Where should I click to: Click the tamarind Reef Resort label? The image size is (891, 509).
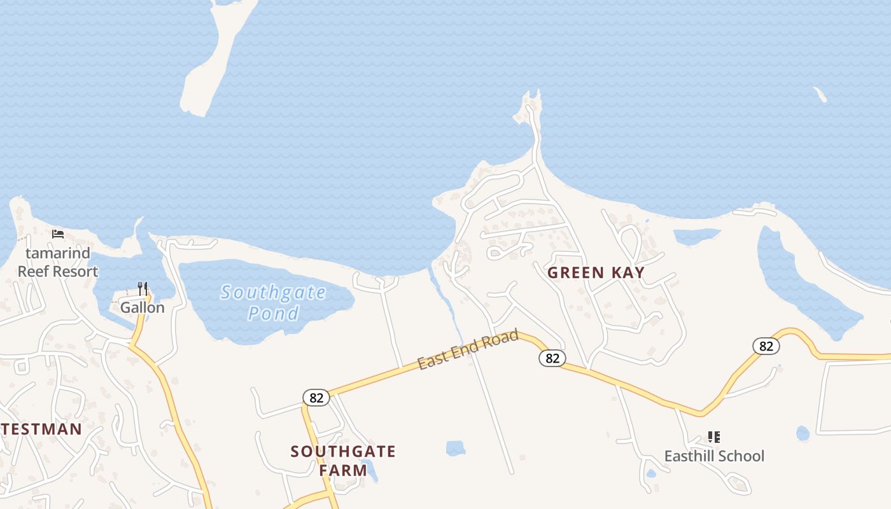point(58,262)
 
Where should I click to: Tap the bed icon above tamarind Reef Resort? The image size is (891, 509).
point(58,234)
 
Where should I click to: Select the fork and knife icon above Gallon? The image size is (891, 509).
point(143,289)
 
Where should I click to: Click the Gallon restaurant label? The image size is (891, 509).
point(143,308)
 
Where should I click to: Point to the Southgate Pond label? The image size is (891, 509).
point(274,303)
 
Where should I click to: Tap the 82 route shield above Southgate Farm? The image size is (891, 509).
point(316,398)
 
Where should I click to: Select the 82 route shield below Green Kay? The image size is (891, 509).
point(552,358)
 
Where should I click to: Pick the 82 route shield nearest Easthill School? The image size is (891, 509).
point(766,346)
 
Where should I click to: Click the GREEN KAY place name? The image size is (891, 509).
point(596,273)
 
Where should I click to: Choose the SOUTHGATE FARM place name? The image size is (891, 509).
point(343,461)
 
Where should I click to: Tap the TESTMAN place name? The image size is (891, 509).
point(41,429)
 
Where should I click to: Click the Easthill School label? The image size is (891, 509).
point(714,456)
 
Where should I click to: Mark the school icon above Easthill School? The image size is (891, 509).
point(714,437)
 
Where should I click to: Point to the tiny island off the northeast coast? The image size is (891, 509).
point(820,95)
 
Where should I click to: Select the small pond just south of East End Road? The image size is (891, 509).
point(456,448)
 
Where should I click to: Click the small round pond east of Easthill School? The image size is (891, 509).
point(803,433)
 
